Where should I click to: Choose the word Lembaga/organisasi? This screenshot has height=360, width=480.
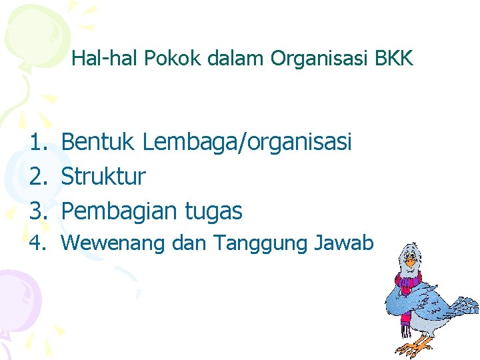click(x=247, y=142)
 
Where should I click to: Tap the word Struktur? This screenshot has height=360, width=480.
click(x=103, y=177)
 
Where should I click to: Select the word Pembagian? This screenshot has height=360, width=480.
click(x=116, y=211)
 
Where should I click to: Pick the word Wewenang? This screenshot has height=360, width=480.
click(x=113, y=244)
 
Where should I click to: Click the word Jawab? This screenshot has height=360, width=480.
click(x=343, y=244)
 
